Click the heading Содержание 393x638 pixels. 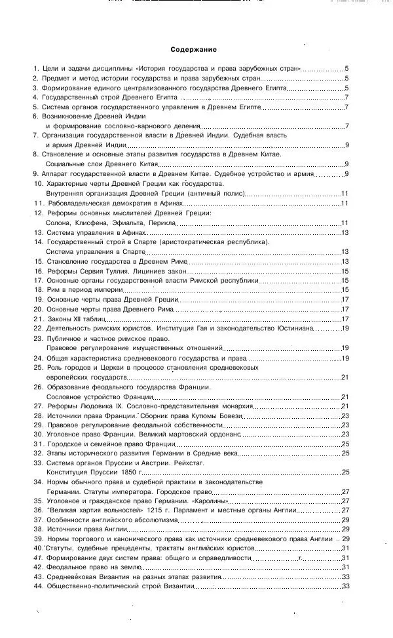point(193,50)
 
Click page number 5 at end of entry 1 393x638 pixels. point(346,68)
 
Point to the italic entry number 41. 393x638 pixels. point(38,558)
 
